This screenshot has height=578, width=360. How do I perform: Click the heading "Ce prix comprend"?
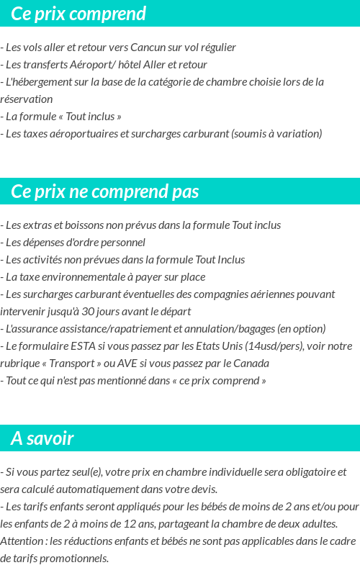[x=78, y=14]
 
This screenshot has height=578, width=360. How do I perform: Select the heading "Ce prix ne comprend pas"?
[x=105, y=191]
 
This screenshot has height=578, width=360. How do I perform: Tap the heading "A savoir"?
[x=42, y=438]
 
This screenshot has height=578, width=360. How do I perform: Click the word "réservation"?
[x=27, y=99]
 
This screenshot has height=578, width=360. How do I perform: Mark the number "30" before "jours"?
[x=89, y=312]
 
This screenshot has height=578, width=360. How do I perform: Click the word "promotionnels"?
[x=74, y=559]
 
